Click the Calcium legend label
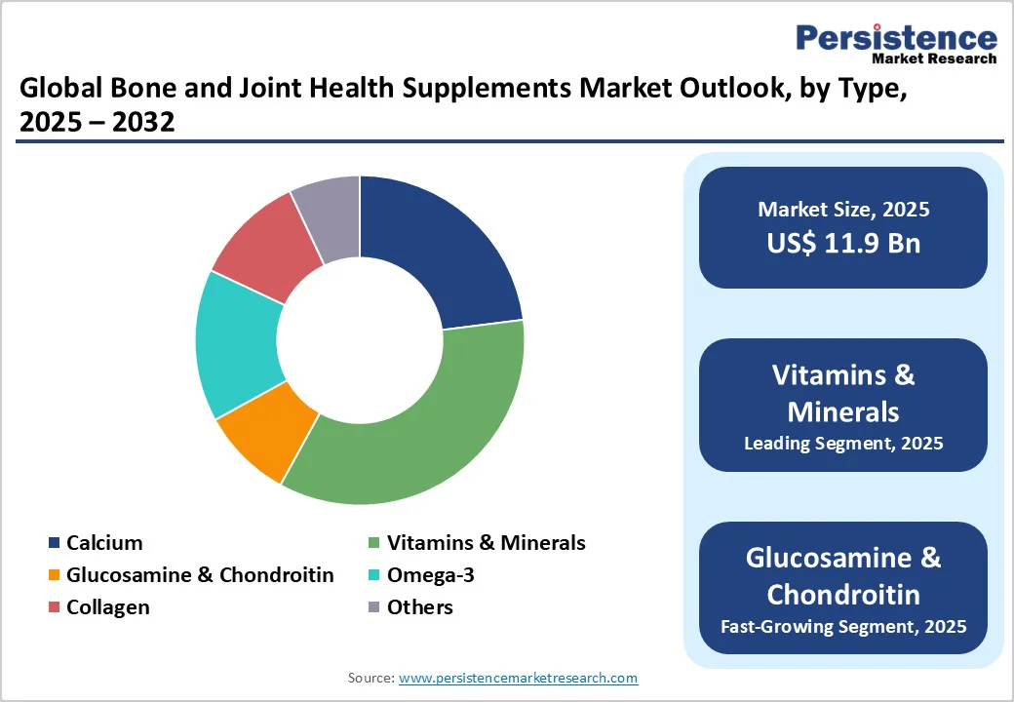tap(104, 543)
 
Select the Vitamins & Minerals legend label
tap(486, 543)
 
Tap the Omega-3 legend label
tap(430, 575)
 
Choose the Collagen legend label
tap(107, 607)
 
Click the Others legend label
tap(419, 607)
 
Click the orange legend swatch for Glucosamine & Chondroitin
tap(54, 575)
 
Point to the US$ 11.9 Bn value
tap(843, 243)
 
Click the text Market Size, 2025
tap(843, 209)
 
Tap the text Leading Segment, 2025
tap(843, 444)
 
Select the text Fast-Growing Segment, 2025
tap(843, 626)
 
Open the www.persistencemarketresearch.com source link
tap(518, 678)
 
